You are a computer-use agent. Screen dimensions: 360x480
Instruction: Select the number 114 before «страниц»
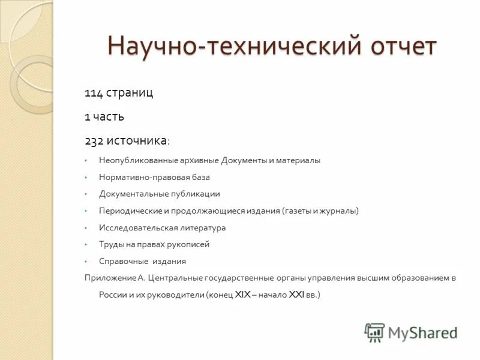tap(93, 93)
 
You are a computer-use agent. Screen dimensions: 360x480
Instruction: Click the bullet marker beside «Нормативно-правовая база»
tap(86, 178)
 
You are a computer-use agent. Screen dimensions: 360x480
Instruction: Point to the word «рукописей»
tap(191, 245)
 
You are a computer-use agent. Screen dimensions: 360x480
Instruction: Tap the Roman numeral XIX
tap(242, 295)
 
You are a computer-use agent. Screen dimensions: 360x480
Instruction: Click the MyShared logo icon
tap(375, 332)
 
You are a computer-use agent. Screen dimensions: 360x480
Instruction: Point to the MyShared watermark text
tap(422, 332)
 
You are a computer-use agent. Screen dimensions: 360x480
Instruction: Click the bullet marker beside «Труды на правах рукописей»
tap(86, 245)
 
